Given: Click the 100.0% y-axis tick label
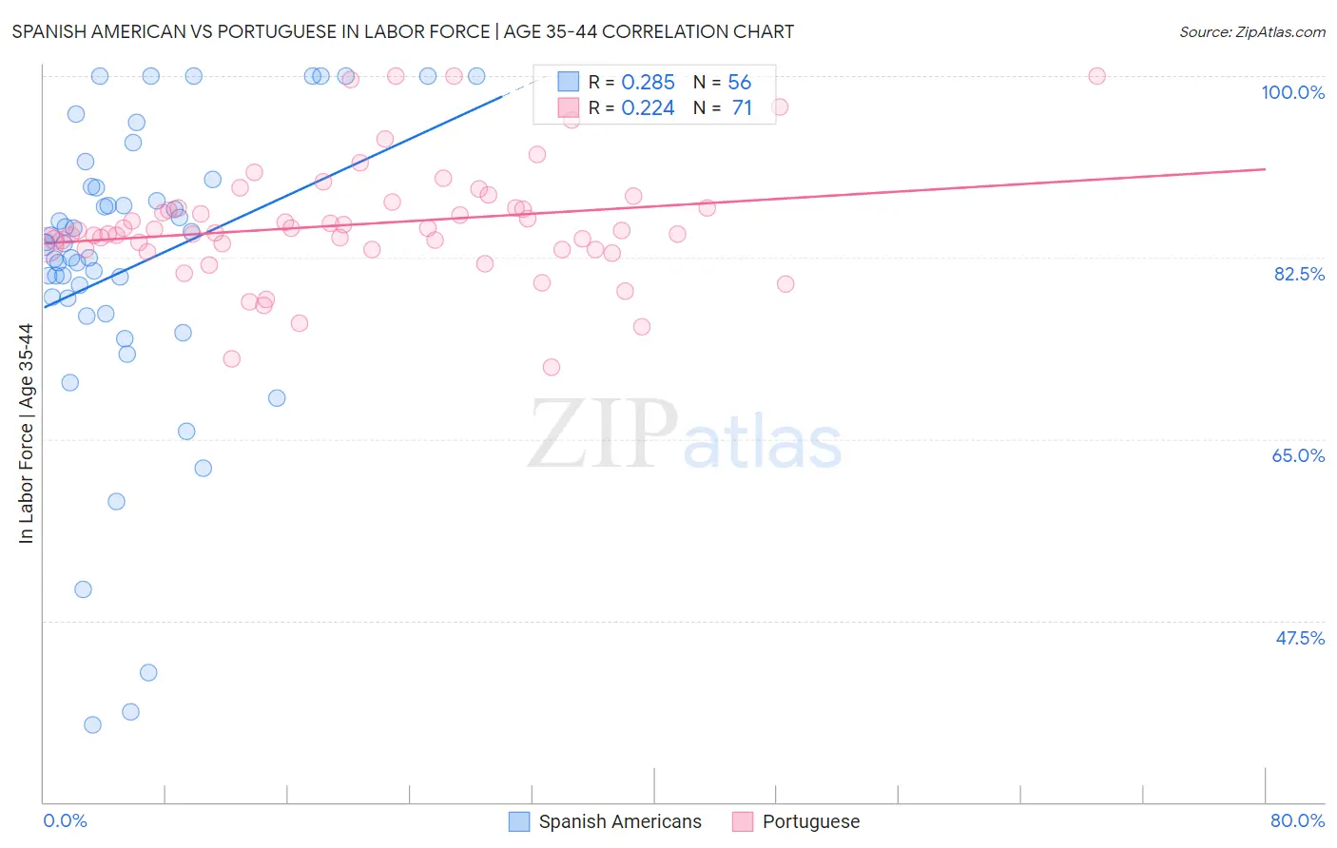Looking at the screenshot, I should [1292, 92].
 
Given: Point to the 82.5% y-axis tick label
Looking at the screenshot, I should [1299, 274].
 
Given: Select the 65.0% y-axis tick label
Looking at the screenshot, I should [1298, 455].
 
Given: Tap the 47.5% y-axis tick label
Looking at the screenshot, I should [1300, 638].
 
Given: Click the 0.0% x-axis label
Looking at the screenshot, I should [65, 820].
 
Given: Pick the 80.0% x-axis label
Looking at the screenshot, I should [1297, 820].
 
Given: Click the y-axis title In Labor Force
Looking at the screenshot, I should [26, 434].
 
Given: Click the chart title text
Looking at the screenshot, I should [402, 31].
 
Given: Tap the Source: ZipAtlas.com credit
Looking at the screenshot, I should [1251, 31].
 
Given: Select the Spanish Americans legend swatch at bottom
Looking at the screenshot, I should [519, 821].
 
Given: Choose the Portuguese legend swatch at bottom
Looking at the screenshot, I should [743, 821].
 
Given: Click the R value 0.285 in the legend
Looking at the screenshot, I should [648, 83].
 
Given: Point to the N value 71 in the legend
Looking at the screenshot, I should [742, 108].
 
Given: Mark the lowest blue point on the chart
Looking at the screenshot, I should [92, 724].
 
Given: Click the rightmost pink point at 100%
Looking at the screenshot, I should [1096, 76].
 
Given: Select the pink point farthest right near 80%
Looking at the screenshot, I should [785, 283].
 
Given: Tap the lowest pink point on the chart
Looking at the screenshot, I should [552, 367].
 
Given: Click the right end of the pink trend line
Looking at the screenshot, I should [1265, 169].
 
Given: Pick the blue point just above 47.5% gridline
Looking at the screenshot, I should [83, 589].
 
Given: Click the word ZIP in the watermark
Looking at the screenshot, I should [602, 434].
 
